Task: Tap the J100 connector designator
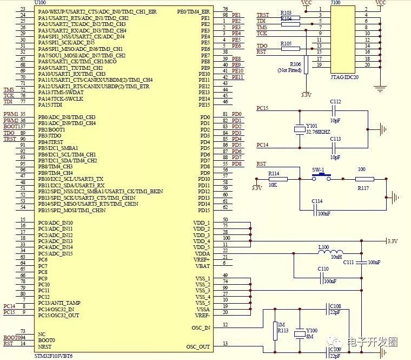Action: [x=335, y=3]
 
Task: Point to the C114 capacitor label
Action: [x=317, y=201]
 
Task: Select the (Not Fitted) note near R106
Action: [x=290, y=70]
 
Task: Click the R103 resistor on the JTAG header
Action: [x=287, y=15]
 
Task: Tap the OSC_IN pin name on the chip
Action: [x=201, y=327]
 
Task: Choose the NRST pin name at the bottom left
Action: [x=44, y=346]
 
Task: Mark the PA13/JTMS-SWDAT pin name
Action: [x=60, y=93]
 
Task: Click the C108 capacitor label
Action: [x=335, y=306]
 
